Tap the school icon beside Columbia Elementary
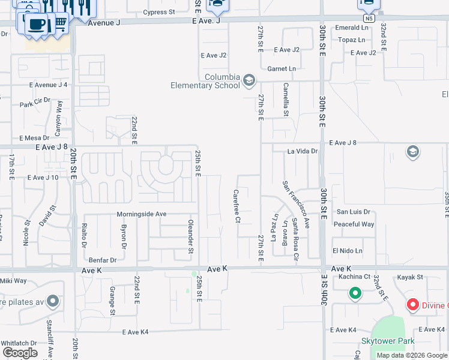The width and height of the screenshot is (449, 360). [249, 80]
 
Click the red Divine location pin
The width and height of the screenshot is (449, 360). [413, 305]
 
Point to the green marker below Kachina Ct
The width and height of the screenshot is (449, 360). [355, 293]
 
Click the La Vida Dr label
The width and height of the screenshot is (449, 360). [302, 151]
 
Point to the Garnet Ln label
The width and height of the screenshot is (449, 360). [282, 69]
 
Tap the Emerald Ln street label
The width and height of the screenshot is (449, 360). [352, 28]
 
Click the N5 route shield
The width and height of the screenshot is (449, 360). [369, 19]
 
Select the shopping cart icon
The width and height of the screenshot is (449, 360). [61, 23]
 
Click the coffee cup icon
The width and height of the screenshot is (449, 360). [38, 25]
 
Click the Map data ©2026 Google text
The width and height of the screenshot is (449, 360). [412, 355]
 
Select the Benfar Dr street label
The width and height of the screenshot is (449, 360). [102, 260]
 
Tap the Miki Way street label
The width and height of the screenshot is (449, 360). [13, 281]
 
